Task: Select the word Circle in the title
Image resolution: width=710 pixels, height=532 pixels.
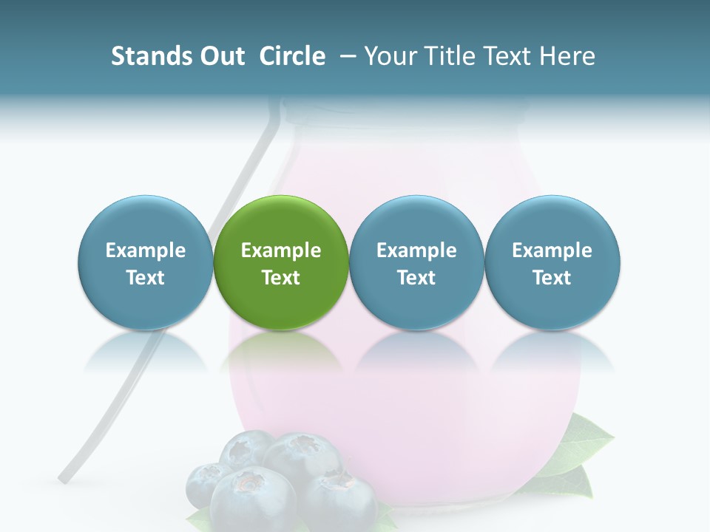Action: pos(292,56)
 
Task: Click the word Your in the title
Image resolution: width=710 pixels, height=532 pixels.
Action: pos(390,56)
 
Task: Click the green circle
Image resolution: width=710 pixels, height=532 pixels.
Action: pos(281,222)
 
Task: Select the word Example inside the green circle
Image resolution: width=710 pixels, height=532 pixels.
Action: pos(281,250)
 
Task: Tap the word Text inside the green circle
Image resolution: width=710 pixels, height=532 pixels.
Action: pos(281,278)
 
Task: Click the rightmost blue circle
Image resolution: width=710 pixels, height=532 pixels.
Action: pos(552,222)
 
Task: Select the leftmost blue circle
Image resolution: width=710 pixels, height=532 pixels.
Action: pos(145,222)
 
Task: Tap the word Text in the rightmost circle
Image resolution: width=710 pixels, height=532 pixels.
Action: pos(552,278)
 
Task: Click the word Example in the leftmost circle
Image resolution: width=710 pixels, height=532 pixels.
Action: pos(145,250)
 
